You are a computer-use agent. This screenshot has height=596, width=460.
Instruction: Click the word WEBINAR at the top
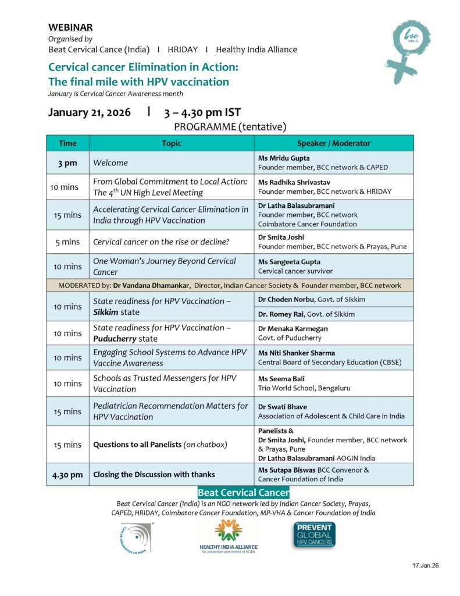70,27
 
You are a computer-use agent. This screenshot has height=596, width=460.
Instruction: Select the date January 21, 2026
90,112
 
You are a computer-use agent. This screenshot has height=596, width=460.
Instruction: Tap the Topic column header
172,143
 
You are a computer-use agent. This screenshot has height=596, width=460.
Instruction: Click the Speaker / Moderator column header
333,143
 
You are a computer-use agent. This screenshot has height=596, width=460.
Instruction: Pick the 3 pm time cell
67,163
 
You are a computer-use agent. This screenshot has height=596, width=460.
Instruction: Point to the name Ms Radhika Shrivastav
294,182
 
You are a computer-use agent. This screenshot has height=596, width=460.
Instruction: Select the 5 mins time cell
67,242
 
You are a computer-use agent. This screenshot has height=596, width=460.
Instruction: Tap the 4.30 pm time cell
67,474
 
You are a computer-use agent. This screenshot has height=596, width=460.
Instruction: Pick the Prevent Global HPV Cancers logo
314,535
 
